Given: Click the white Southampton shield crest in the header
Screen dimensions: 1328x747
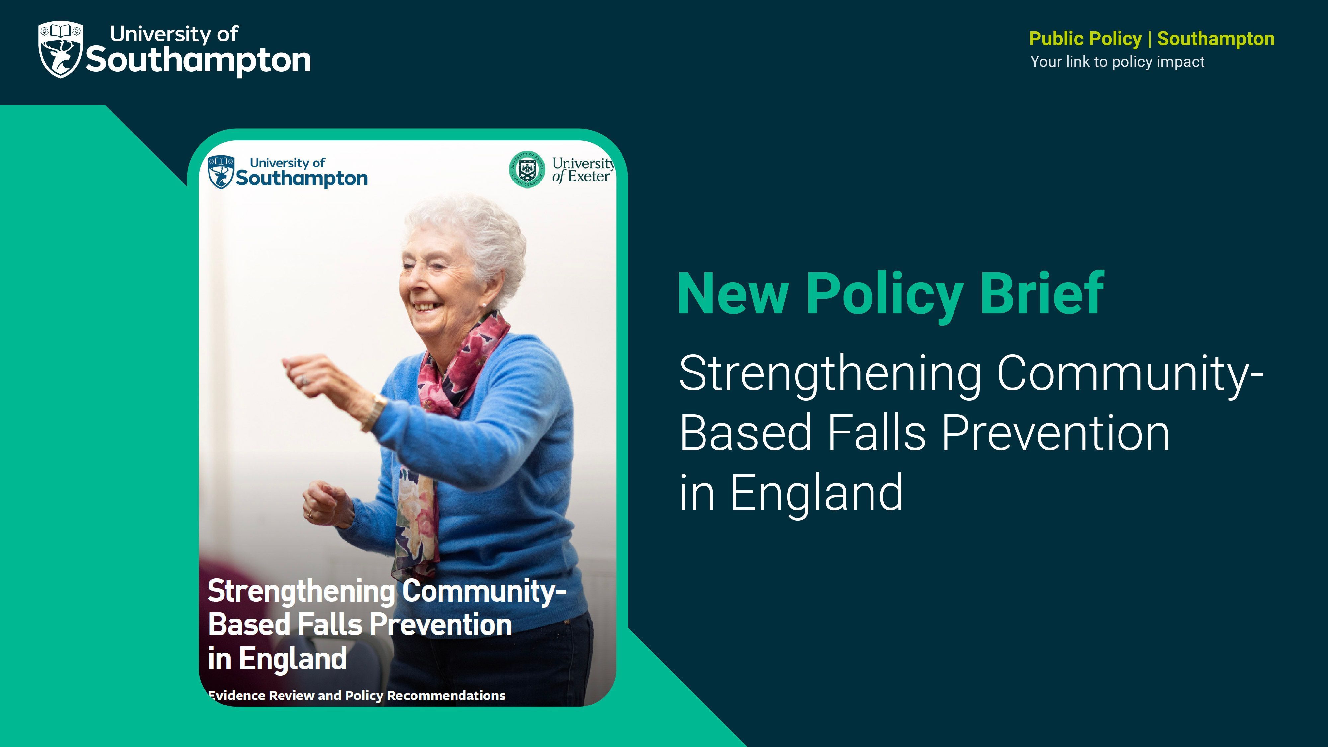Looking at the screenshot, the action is point(60,49).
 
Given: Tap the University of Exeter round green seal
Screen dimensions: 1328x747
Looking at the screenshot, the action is point(526,169).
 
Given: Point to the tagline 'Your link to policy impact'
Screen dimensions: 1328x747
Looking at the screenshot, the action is point(1117,62).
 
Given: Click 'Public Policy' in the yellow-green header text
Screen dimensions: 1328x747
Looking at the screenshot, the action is point(1085,39).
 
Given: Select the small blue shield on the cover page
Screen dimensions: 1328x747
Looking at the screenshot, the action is point(221,172).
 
